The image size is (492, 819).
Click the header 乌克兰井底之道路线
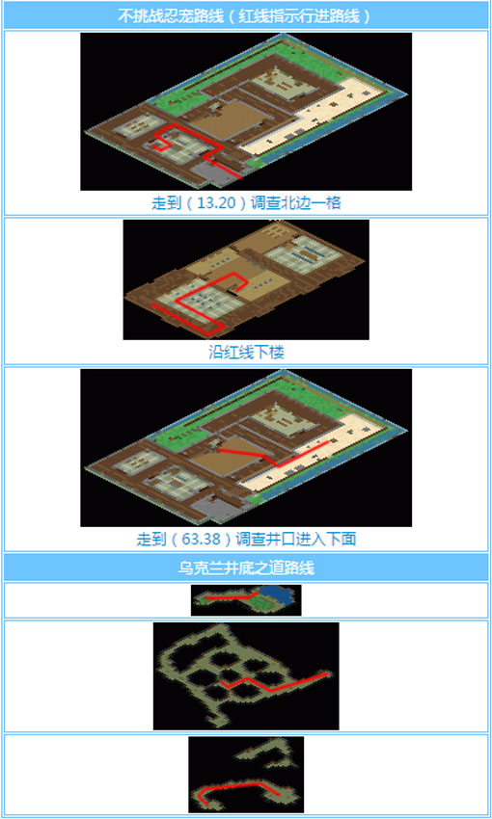(x=246, y=568)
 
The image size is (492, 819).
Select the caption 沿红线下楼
(x=246, y=353)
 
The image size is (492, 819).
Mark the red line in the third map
(x=256, y=454)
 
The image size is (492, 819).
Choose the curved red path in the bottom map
(x=241, y=788)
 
